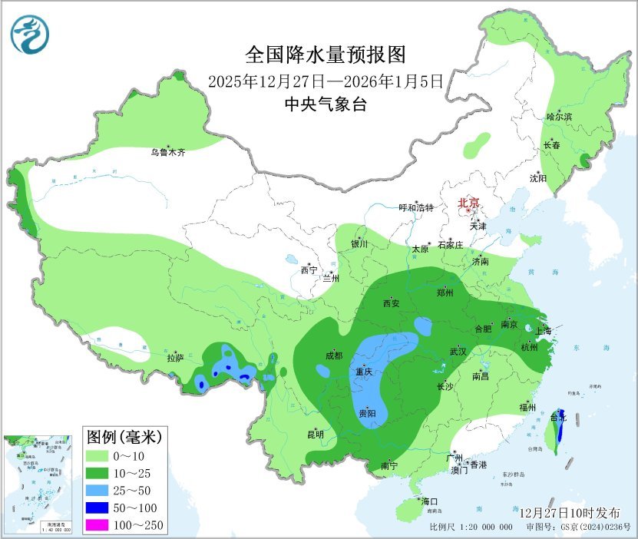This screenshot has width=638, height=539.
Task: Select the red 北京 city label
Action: pos(468,203)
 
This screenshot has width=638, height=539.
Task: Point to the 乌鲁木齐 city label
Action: pos(167,153)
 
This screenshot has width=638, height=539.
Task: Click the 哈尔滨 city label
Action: pos(559,117)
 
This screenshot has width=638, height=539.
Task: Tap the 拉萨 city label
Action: pos(175,357)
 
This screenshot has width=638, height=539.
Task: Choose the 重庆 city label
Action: pos(363,372)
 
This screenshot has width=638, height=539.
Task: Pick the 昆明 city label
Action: pos(316,434)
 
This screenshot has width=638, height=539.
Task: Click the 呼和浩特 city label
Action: pos(416,207)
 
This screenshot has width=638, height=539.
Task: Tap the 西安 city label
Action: pos(391,303)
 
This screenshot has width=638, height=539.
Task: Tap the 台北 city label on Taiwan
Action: pos(557,418)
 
